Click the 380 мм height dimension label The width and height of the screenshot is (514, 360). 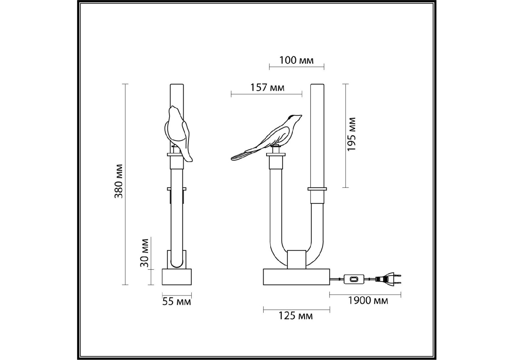pos(119,181)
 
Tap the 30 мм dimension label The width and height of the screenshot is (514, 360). pos(145,253)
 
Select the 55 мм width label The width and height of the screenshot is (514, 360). pos(177,301)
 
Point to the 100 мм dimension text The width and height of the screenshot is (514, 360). pos(296,60)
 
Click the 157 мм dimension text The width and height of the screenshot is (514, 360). pos(267,87)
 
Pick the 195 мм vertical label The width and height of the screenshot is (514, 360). pos(351,134)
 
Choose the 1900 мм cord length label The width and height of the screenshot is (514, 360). pos(368,300)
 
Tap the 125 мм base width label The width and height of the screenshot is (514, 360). pos(296,316)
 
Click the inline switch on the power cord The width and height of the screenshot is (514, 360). pos(354,279)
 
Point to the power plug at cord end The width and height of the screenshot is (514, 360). pos(389,279)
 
